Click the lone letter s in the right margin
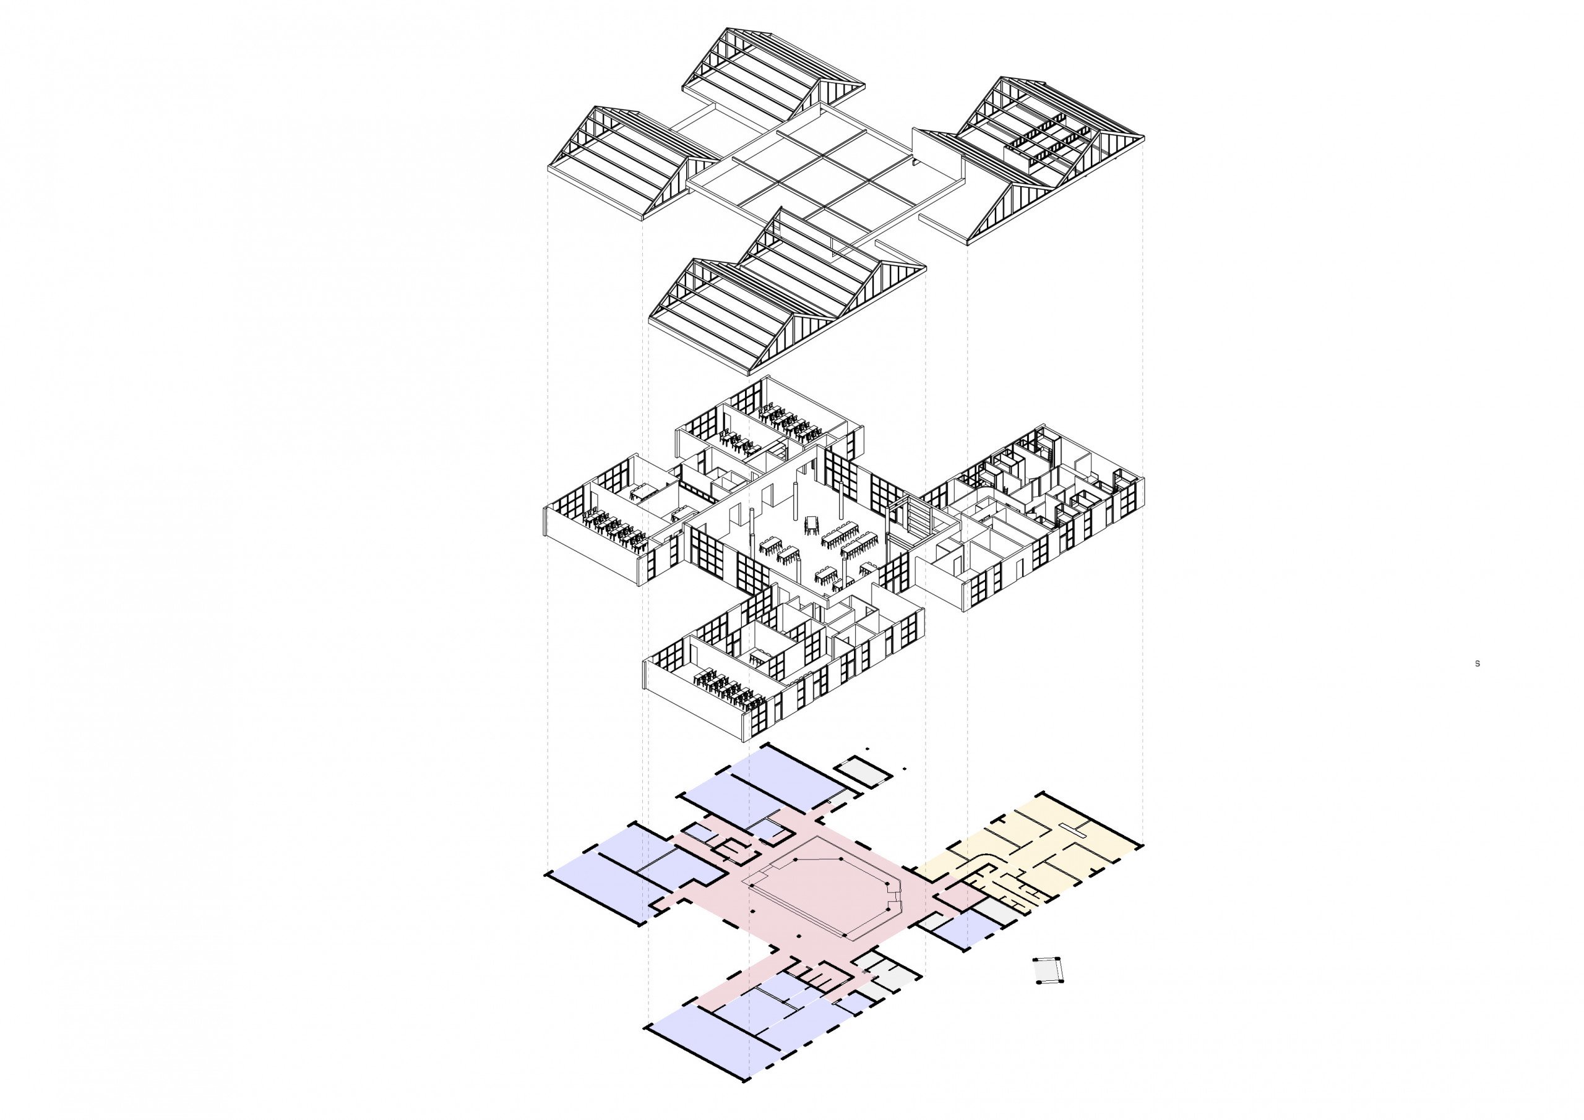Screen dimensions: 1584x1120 [1477, 664]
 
